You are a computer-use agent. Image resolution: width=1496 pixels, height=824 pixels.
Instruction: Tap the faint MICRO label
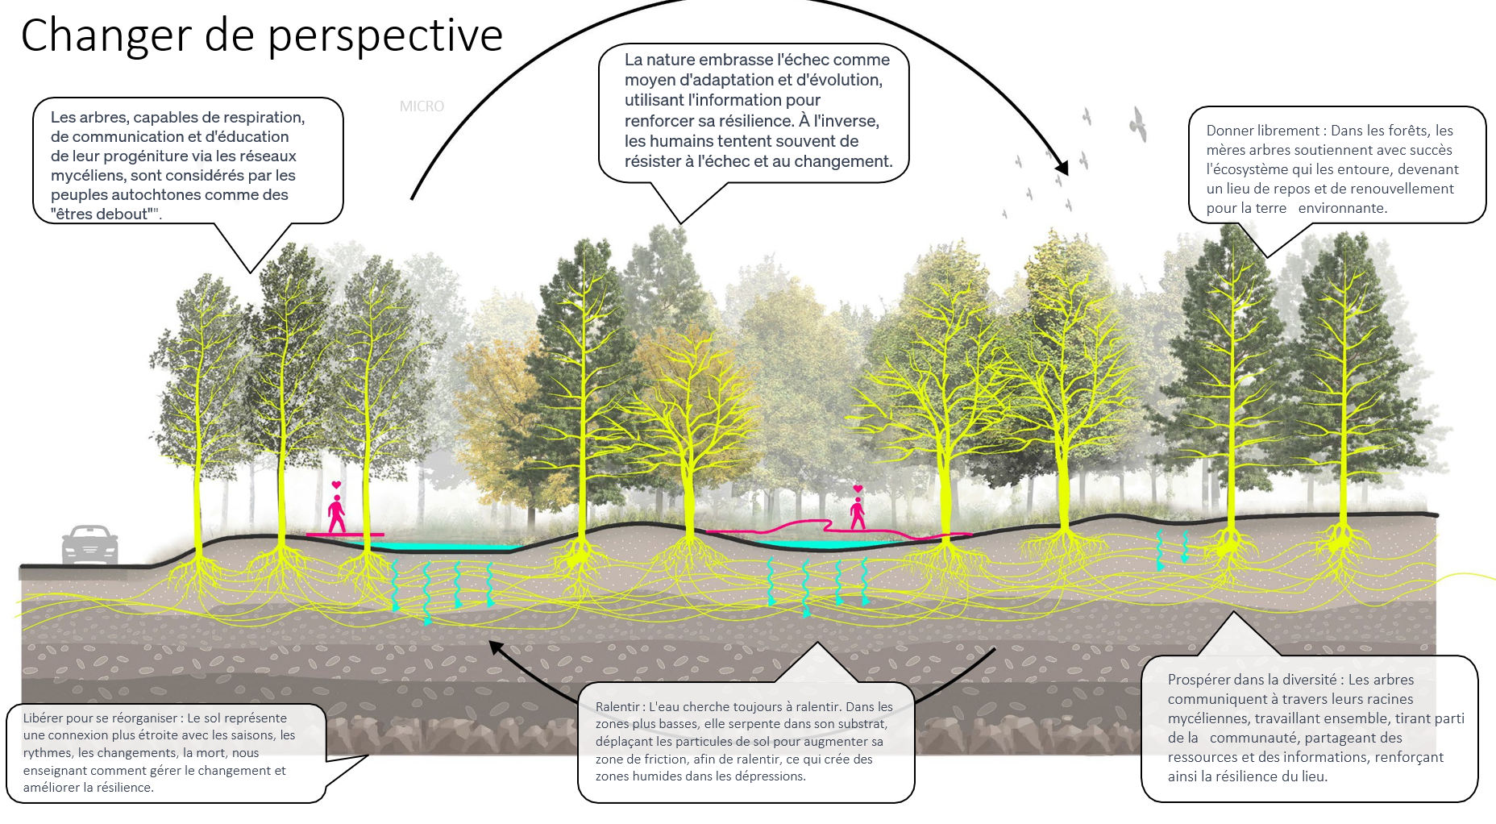click(x=422, y=106)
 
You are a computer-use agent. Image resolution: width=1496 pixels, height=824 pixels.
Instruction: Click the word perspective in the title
click(x=385, y=36)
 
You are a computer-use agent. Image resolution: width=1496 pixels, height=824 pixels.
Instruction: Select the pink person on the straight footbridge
click(x=336, y=514)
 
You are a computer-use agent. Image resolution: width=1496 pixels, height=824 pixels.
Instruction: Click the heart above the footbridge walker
click(x=336, y=485)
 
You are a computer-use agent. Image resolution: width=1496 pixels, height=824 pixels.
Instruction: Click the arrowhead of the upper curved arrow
click(x=1062, y=168)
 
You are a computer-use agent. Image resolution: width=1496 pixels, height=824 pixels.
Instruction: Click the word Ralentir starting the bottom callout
click(x=618, y=707)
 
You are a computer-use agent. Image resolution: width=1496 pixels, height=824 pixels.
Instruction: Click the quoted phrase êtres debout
click(x=105, y=214)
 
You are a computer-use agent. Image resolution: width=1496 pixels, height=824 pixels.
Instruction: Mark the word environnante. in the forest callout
click(x=1342, y=208)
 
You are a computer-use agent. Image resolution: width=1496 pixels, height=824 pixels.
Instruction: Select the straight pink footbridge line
click(x=345, y=535)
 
